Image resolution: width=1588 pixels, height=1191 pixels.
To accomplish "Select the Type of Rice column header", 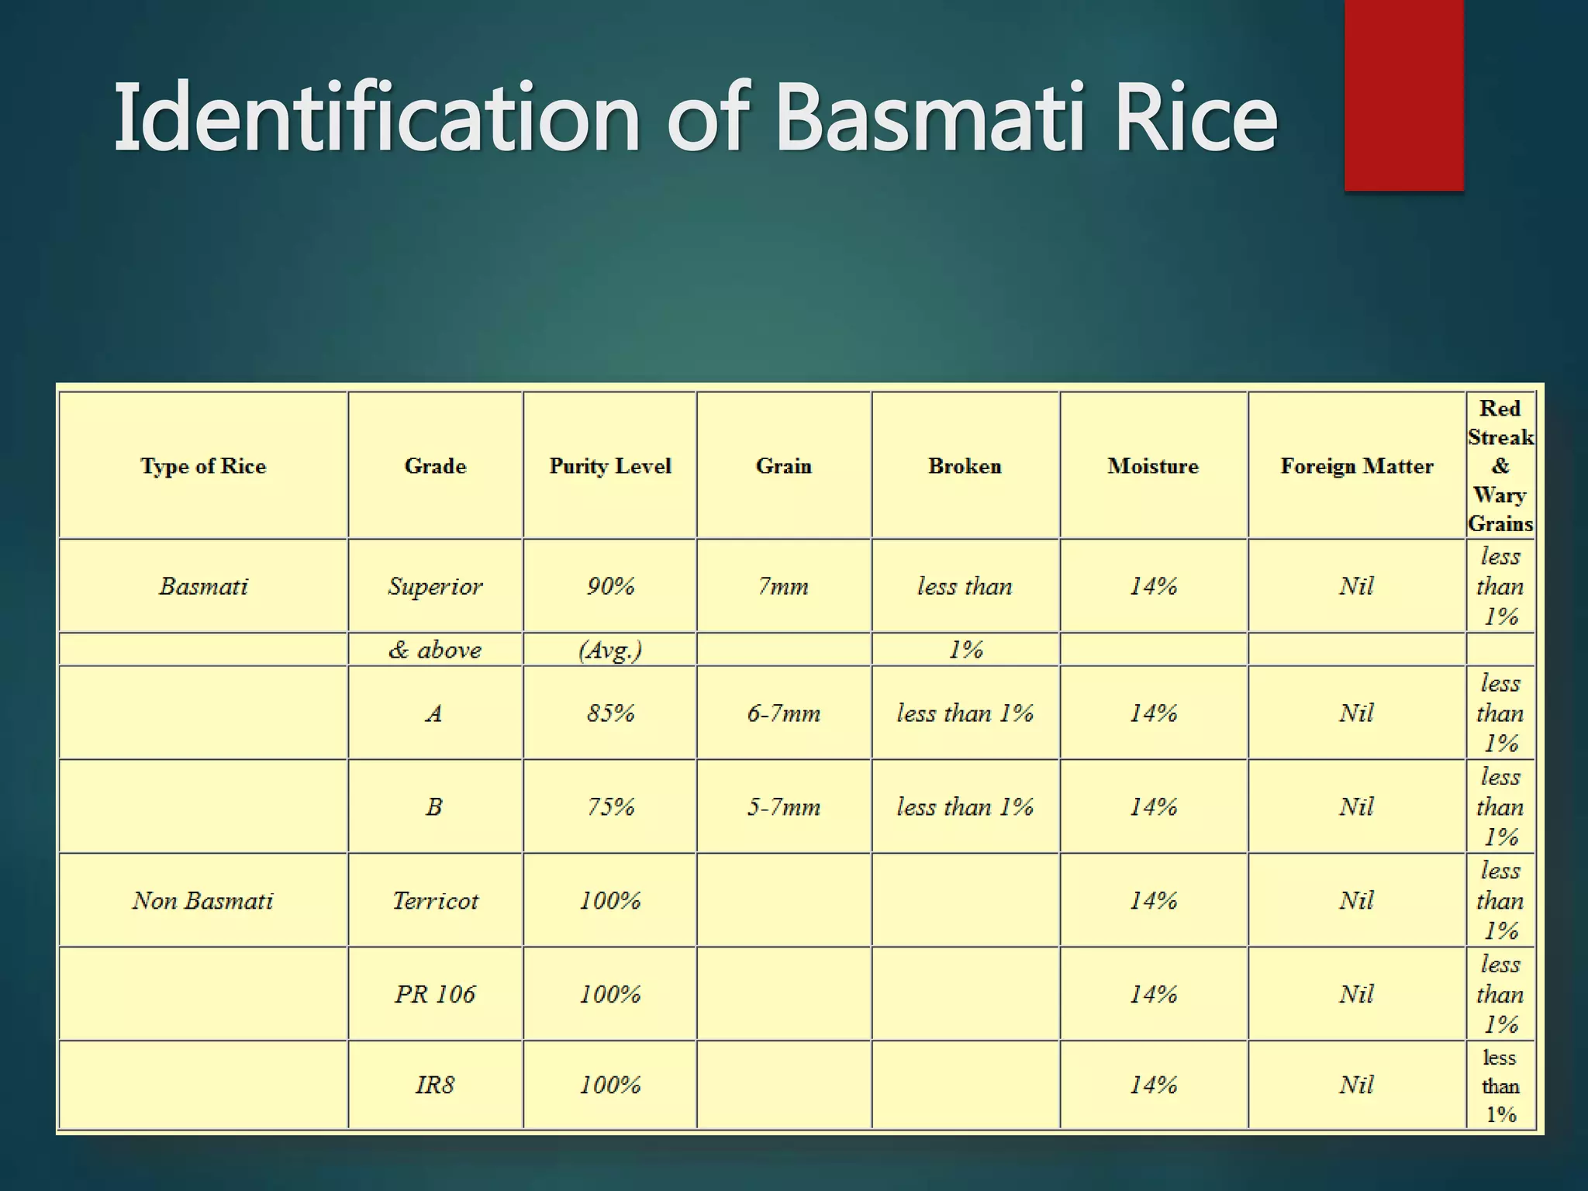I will (x=203, y=466).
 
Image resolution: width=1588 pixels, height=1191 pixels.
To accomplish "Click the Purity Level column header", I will (x=610, y=466).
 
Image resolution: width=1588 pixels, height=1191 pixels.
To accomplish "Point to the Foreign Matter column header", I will (x=1357, y=466).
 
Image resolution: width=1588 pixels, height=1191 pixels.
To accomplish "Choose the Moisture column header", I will (x=1153, y=466).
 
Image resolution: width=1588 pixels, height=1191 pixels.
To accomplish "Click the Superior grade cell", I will (x=435, y=586).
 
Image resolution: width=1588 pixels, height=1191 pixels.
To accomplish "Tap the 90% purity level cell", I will (x=610, y=586).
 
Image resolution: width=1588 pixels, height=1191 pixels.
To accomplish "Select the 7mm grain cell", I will (x=783, y=586).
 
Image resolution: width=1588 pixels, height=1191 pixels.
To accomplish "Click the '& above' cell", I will (x=435, y=650).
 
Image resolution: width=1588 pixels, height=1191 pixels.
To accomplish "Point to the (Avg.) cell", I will (x=610, y=650).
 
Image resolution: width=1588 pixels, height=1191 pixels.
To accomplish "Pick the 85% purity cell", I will (x=610, y=713).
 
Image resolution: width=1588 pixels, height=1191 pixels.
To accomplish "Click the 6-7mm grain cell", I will (x=783, y=713).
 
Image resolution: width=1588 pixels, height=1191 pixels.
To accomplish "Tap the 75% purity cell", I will (x=610, y=806).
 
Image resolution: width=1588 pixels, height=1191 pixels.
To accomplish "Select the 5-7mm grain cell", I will (x=783, y=806).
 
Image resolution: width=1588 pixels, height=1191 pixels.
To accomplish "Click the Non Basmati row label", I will (x=203, y=900).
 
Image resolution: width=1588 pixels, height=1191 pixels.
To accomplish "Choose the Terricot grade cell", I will (x=435, y=900).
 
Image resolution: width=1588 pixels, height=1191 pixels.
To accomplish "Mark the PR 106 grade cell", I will (x=435, y=994).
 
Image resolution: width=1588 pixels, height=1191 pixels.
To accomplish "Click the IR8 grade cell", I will (x=435, y=1084).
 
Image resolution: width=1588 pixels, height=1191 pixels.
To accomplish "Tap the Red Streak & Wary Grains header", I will (x=1500, y=466).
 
